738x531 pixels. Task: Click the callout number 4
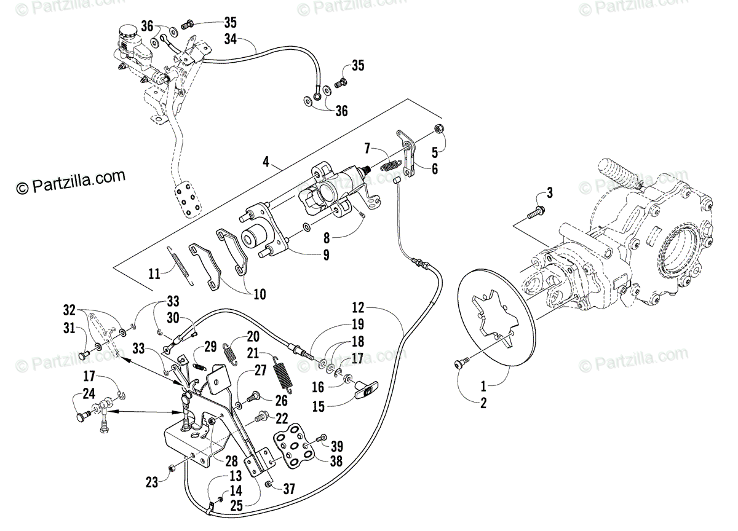coord(265,162)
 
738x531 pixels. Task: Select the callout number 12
coord(359,306)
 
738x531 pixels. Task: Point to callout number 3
coord(549,193)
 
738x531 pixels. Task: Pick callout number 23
coord(152,483)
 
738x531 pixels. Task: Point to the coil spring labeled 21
coord(284,372)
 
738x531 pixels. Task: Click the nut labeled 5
coord(440,129)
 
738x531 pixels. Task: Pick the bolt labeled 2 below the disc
coord(459,365)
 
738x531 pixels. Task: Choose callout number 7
coord(367,148)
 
